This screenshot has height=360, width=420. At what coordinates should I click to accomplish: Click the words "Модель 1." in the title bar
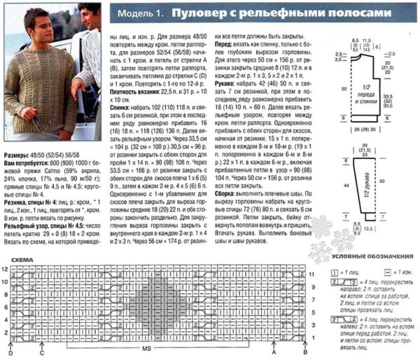point(140,13)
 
